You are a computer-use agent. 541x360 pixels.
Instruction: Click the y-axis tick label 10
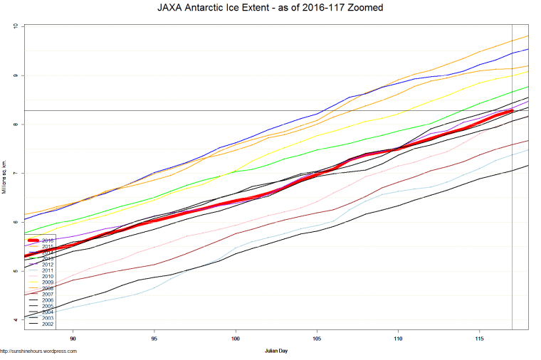click(x=16, y=26)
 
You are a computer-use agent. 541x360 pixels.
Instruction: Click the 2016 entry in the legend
click(x=48, y=240)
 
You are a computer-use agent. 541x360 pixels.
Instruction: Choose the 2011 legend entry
click(x=48, y=270)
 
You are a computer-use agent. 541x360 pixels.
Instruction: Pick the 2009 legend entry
click(x=48, y=282)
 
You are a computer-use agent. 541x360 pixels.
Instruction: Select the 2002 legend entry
click(x=48, y=324)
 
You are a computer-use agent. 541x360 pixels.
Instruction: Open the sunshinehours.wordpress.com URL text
click(x=38, y=351)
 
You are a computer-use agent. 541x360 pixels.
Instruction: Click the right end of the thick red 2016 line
click(x=512, y=111)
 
